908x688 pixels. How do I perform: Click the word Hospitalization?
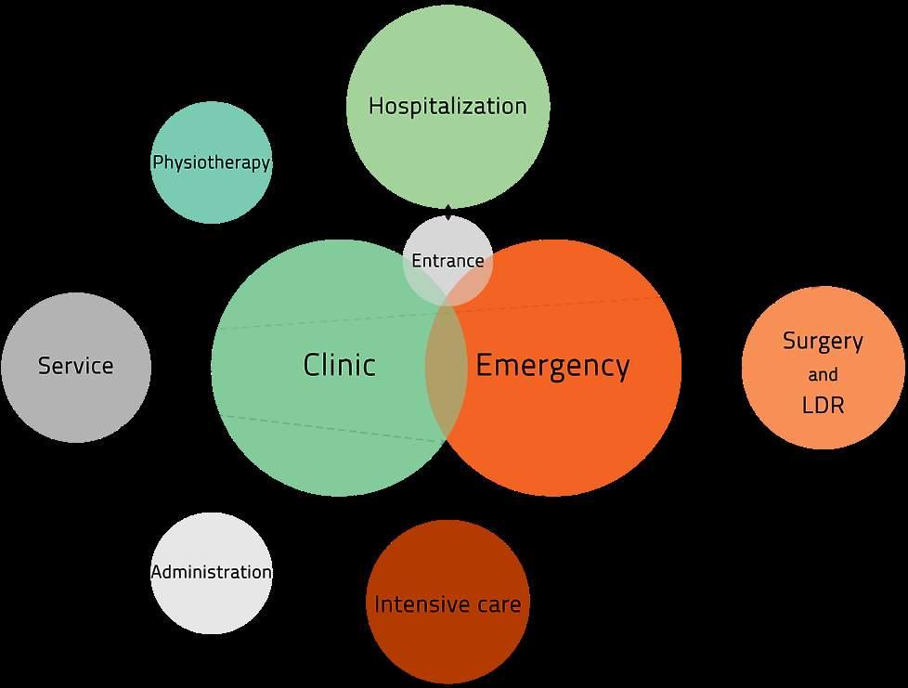[x=448, y=106]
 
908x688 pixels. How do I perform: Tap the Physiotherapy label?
[x=212, y=163]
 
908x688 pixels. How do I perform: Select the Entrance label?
[x=448, y=261]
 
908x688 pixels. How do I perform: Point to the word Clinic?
[x=339, y=365]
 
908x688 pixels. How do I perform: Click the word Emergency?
[x=552, y=366]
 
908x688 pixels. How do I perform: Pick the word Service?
[x=75, y=366]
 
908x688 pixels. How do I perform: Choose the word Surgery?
[x=823, y=341]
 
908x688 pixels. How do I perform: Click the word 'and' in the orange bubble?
[x=823, y=375]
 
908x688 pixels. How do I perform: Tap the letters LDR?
[x=823, y=406]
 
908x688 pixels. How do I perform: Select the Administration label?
[x=212, y=572]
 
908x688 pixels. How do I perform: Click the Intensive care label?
[x=448, y=605]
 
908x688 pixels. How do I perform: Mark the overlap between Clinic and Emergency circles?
[x=446, y=367]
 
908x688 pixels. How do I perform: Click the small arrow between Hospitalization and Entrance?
[x=449, y=213]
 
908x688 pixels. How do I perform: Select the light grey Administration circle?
[x=212, y=608]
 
